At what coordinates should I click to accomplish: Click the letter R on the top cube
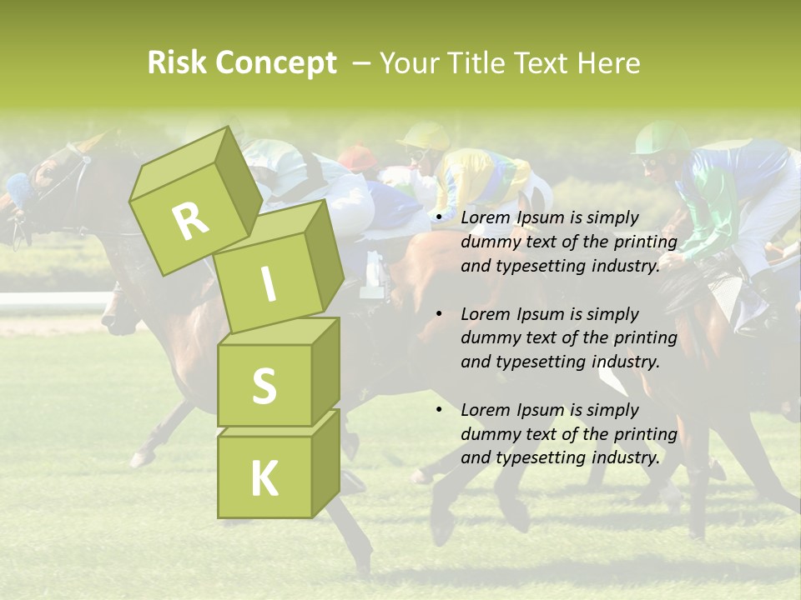tap(190, 221)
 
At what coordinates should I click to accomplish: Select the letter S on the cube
tap(264, 385)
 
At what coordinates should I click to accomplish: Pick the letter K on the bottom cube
tap(264, 478)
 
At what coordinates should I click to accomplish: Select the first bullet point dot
tap(439, 218)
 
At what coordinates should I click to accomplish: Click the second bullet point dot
tap(439, 315)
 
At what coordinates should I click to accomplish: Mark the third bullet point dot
tap(439, 411)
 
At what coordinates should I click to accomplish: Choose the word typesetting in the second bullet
tap(533, 362)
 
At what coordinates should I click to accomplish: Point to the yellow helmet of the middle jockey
tap(426, 135)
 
